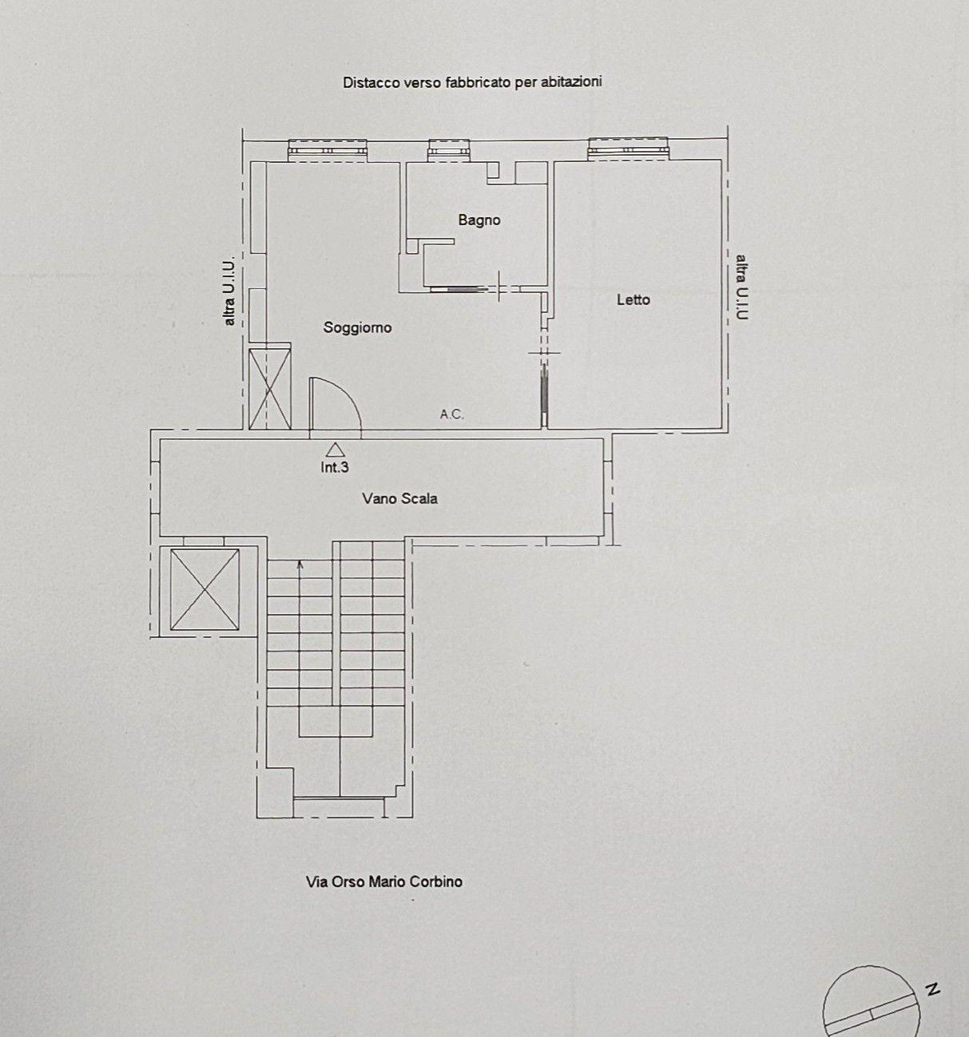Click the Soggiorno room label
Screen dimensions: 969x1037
[358, 328]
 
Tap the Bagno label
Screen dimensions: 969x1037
[479, 220]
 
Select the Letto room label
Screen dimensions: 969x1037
[633, 299]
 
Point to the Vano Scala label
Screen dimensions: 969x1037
[400, 499]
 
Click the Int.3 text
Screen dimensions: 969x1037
[335, 467]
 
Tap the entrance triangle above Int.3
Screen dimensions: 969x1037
[335, 449]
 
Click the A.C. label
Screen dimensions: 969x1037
[451, 414]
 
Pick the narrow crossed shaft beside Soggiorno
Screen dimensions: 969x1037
[270, 387]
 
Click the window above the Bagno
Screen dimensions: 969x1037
[450, 150]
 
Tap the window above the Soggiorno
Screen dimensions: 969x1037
[328, 149]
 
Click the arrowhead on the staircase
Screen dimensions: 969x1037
[300, 564]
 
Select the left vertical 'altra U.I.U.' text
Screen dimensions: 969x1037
[230, 291]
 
